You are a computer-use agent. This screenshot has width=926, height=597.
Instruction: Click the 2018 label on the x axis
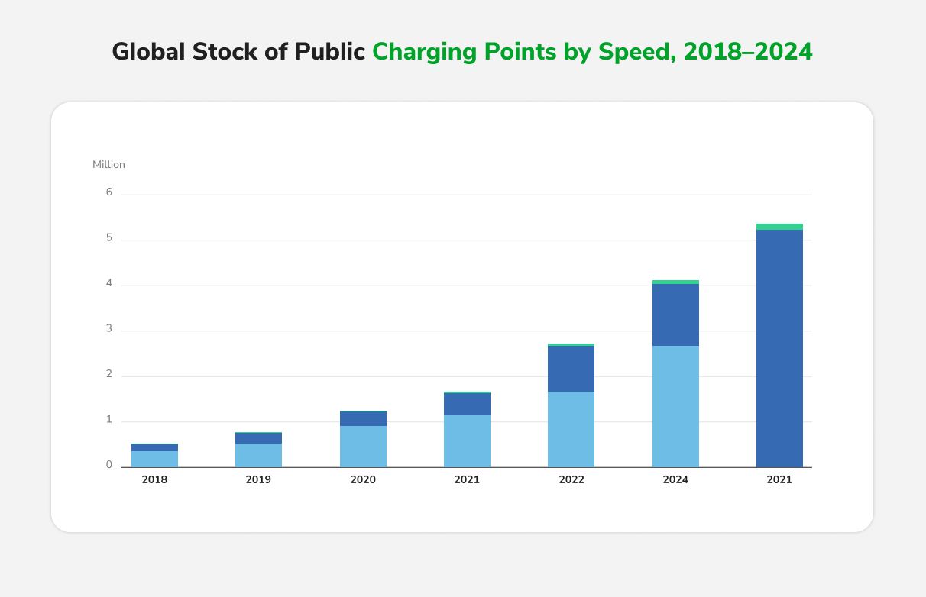tap(154, 480)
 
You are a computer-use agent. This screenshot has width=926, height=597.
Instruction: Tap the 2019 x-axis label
tap(258, 480)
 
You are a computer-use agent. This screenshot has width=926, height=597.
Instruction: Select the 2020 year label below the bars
tap(363, 480)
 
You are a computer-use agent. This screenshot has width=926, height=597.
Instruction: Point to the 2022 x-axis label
tap(571, 480)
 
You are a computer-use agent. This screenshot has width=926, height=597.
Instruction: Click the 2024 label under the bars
tap(675, 480)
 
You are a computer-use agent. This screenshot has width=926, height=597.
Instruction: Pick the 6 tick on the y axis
tap(109, 192)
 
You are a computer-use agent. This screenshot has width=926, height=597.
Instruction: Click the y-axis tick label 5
tap(109, 238)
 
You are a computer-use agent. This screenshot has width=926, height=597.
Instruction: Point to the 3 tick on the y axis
tap(109, 329)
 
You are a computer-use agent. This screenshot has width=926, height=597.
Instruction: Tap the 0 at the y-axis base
tap(109, 465)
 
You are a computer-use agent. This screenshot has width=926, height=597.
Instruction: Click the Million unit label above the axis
tap(108, 165)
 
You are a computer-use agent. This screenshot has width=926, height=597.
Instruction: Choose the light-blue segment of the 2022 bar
tap(571, 429)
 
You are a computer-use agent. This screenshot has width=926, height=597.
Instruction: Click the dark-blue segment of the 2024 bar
tap(675, 315)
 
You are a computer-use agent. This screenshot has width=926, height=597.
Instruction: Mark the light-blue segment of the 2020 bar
tap(363, 447)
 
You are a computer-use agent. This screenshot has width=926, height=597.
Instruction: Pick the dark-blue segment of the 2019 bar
tap(258, 438)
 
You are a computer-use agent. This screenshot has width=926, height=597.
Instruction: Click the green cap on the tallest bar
tap(779, 227)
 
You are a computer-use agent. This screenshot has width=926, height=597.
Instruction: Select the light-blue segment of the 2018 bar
tap(154, 459)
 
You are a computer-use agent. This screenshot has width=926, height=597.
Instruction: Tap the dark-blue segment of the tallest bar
tap(779, 348)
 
